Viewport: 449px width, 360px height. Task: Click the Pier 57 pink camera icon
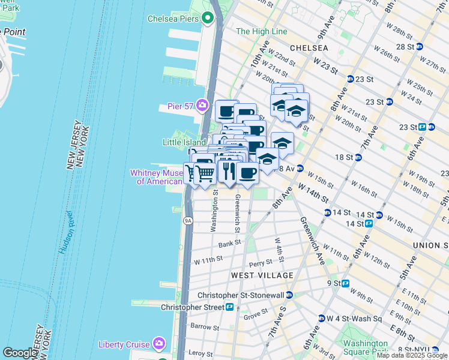click(x=203, y=106)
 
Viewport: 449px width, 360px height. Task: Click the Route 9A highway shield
click(x=188, y=221)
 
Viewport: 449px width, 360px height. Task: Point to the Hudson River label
click(x=67, y=232)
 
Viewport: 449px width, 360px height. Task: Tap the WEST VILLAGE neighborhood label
click(x=262, y=275)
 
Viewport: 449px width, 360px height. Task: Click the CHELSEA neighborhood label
click(x=309, y=47)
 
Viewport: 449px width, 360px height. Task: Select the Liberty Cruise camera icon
click(x=159, y=344)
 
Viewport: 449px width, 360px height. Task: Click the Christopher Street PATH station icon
click(x=230, y=307)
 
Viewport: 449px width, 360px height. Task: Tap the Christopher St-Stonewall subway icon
click(x=289, y=295)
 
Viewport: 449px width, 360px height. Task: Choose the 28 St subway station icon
click(x=420, y=46)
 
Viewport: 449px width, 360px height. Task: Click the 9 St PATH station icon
click(x=346, y=283)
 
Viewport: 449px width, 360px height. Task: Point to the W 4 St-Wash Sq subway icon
click(x=321, y=318)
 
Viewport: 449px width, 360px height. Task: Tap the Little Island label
click(x=184, y=142)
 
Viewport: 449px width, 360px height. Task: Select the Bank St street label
click(x=229, y=244)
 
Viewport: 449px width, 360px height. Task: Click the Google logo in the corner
click(x=20, y=353)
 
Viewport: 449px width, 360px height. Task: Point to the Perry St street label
click(x=260, y=263)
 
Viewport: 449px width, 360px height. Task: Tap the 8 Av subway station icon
click(x=300, y=169)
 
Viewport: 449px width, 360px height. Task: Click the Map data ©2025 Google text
click(x=412, y=355)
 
